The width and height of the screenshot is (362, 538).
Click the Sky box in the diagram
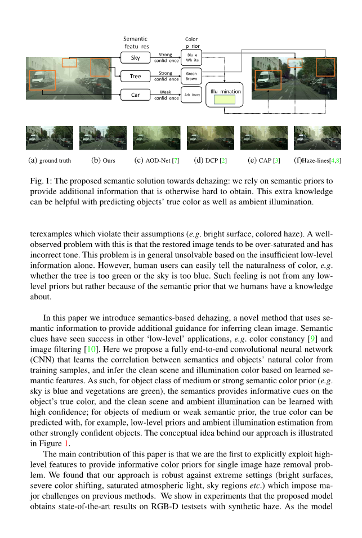135,57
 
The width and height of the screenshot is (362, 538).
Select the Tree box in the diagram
135,76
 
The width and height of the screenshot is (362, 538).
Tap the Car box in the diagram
135,95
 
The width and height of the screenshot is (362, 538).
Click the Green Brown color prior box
191,76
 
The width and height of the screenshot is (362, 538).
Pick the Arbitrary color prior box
191,95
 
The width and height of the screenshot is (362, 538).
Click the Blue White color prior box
191,57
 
